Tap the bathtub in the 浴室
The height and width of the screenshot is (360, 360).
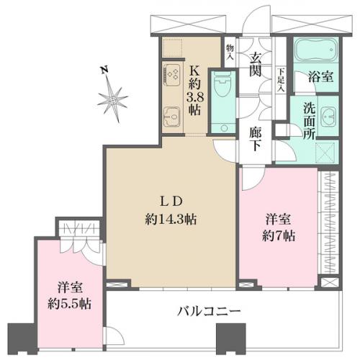click(x=315, y=50)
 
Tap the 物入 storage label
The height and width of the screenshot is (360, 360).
click(x=230, y=52)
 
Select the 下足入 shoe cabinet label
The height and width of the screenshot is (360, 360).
click(x=281, y=80)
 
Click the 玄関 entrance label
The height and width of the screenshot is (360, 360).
click(x=256, y=64)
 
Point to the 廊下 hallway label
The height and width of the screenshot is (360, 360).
click(x=256, y=138)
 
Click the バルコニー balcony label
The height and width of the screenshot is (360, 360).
click(x=209, y=311)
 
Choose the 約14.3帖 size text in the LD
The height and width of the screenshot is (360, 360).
click(x=171, y=219)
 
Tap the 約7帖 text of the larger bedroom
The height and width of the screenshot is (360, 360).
click(x=279, y=236)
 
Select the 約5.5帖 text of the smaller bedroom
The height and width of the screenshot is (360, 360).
click(x=69, y=304)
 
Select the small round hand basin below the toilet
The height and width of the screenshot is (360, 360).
click(x=224, y=128)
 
